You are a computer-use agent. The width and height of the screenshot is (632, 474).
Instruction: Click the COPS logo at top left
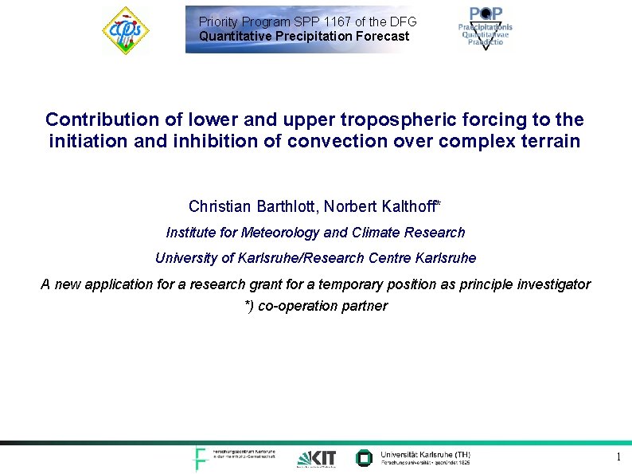[125, 30]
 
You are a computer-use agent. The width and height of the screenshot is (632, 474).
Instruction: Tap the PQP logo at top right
[485, 28]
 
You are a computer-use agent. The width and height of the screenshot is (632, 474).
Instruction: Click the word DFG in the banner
[402, 22]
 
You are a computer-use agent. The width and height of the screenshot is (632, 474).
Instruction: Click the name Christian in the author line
[220, 206]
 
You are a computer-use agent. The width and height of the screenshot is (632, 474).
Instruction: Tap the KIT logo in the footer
[317, 458]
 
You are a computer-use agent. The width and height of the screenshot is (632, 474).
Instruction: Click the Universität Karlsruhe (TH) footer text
[425, 454]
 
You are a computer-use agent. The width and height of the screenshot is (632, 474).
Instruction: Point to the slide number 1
[618, 456]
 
